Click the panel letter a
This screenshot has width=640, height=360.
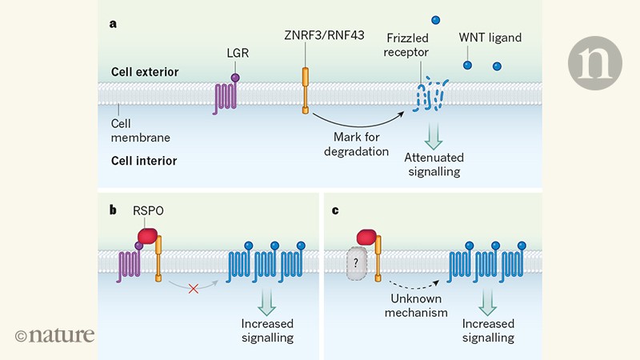(114, 23)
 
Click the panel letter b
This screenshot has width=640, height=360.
(114, 210)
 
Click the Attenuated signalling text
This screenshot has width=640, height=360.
(436, 164)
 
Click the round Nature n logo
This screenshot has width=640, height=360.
(594, 62)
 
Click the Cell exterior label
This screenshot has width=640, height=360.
(144, 73)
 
